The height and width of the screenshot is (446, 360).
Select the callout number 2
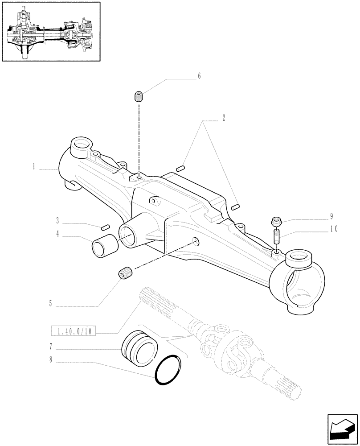click(x=223, y=119)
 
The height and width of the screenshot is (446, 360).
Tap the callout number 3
click(x=58, y=220)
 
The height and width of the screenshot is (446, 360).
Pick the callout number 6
click(x=199, y=76)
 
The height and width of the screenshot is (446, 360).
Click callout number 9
click(x=331, y=217)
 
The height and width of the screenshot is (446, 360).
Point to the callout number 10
click(x=333, y=229)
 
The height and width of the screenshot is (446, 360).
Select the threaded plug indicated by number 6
click(x=139, y=96)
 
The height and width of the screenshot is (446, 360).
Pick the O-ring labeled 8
click(x=168, y=369)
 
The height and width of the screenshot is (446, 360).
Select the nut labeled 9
click(x=276, y=220)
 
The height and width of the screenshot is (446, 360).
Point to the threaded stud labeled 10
click(x=276, y=236)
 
